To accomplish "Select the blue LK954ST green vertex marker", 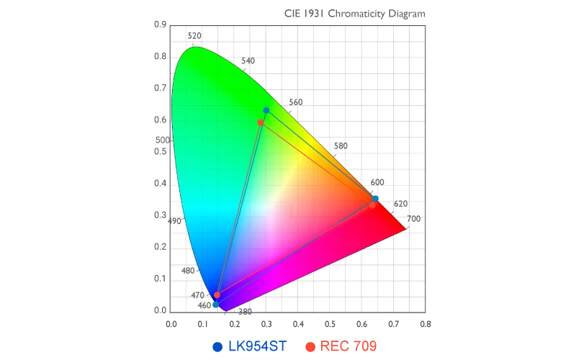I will click(266, 110).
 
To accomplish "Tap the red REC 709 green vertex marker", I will click(261, 122).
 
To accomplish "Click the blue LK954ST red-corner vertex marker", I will click(375, 199).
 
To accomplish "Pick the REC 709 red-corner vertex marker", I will click(372, 205).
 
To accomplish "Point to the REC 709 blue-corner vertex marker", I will click(217, 295).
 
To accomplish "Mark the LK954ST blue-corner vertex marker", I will click(215, 305).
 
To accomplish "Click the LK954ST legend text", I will click(257, 346).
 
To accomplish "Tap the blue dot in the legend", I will click(217, 347).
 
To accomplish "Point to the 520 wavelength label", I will click(194, 36).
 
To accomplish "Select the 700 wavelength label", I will click(413, 219).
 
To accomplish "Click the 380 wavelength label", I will click(245, 312).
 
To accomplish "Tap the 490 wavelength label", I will click(174, 221).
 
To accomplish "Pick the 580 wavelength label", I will click(341, 146).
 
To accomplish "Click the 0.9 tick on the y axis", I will click(161, 25).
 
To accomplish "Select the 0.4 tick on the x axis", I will click(298, 324).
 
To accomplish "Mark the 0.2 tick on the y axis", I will click(161, 247).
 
